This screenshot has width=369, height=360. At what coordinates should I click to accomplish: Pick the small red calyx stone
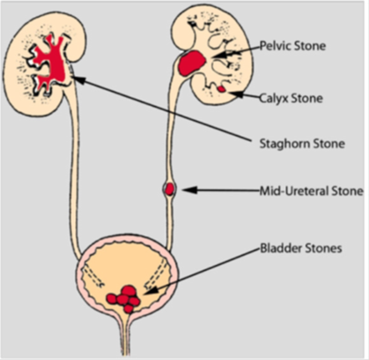[222, 89]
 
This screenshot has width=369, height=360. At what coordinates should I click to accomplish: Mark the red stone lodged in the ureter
[170, 188]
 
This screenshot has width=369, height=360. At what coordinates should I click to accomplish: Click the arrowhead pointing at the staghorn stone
[77, 79]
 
